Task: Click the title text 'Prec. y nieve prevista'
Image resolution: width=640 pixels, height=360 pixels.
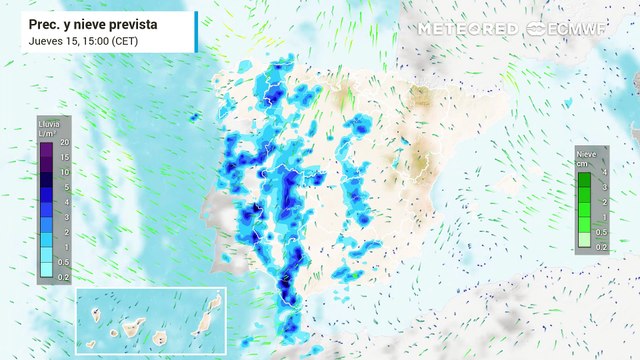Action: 93,23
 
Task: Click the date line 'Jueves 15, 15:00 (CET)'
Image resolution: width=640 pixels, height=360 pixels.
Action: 84,41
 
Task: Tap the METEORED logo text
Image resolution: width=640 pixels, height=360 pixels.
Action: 467,29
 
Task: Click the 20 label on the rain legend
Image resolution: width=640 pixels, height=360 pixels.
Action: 63,143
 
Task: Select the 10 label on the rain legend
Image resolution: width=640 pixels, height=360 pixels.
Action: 63,172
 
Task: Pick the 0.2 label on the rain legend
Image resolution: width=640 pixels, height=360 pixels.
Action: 63,276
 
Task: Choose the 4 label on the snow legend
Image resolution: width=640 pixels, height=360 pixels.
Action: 604,172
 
